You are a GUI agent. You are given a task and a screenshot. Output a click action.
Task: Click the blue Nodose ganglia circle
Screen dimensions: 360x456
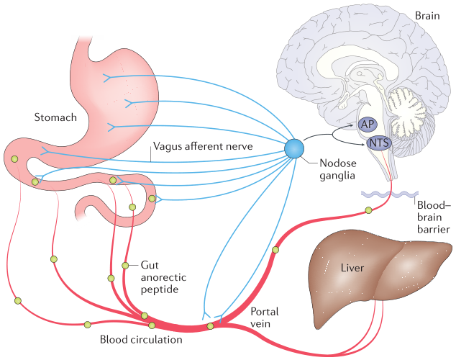295,148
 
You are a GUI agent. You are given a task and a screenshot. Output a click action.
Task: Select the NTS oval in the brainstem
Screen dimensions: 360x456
379,144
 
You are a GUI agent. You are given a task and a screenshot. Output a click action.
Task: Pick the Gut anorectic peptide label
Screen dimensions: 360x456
159,276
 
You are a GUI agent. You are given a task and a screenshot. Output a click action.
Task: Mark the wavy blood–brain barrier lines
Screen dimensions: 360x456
386,193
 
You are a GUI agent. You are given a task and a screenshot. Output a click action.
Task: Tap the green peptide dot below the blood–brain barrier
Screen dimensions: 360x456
368,210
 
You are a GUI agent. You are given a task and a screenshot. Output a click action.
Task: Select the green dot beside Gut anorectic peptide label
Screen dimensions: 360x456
125,266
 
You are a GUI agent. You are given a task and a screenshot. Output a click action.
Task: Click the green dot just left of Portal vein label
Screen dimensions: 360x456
210,326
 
